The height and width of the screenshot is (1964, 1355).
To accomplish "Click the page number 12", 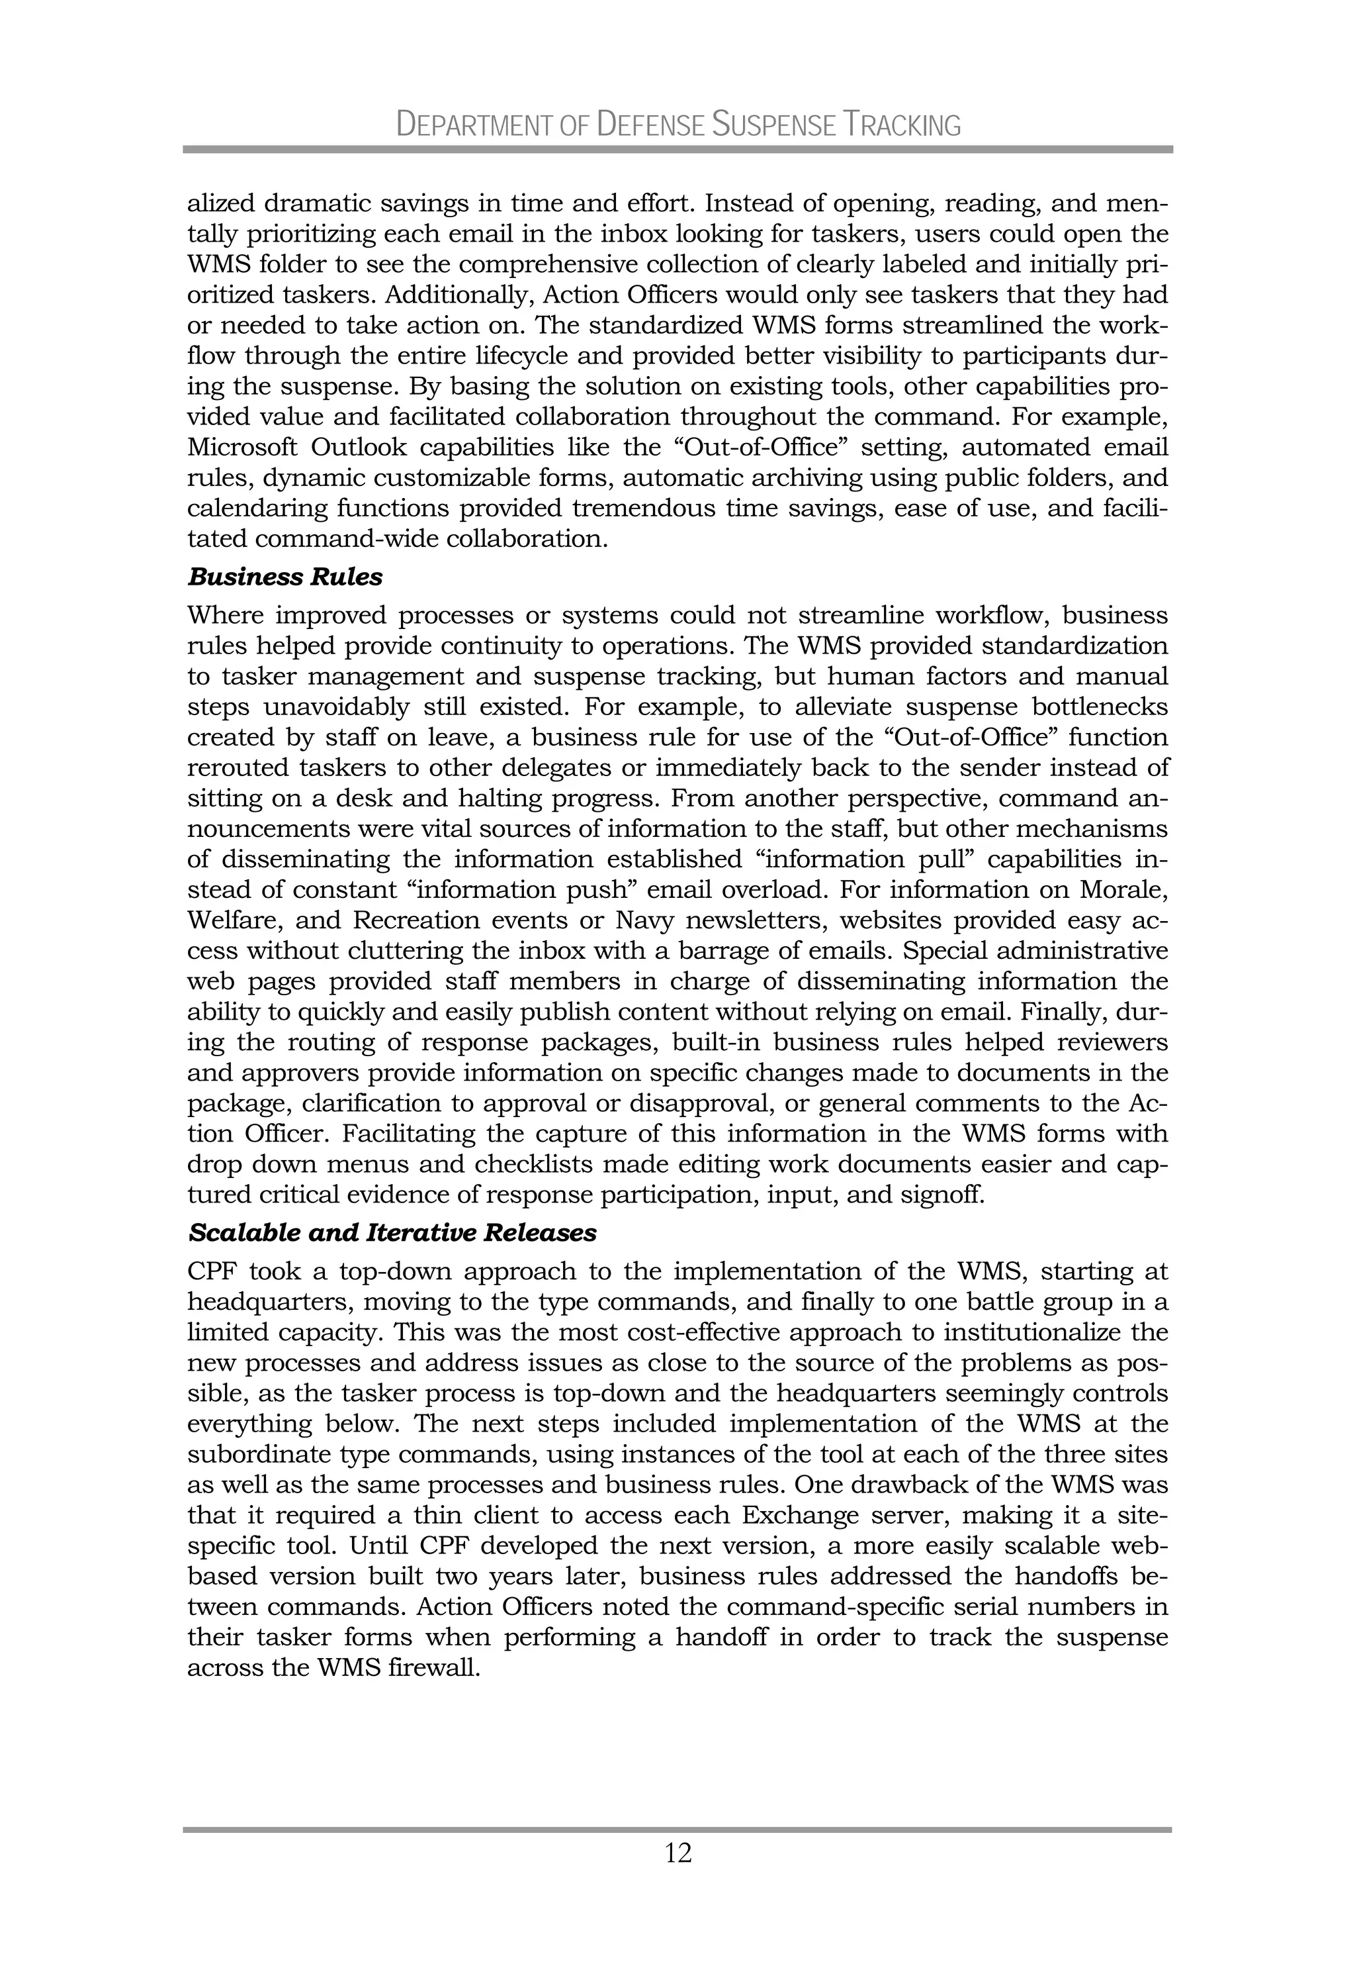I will click(677, 1853).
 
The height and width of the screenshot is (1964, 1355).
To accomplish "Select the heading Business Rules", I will click(284, 577).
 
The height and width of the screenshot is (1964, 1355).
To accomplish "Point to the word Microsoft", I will click(238, 447).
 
